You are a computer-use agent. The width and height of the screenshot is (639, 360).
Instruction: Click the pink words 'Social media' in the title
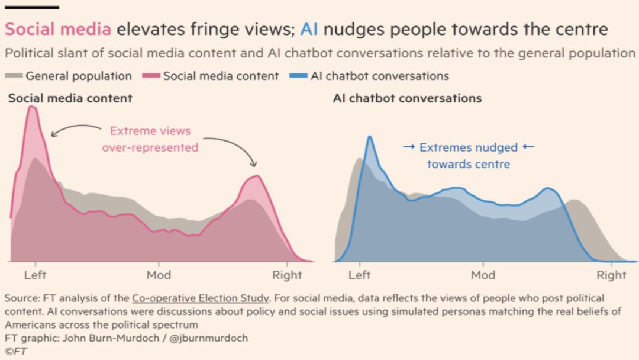(x=58, y=29)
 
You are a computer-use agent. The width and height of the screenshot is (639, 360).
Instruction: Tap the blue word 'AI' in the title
(x=309, y=29)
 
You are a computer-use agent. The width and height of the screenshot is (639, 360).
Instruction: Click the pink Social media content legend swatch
(x=151, y=76)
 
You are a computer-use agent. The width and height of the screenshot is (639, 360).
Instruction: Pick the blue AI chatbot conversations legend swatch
(x=299, y=76)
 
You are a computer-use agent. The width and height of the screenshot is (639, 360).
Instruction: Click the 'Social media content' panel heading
(x=70, y=98)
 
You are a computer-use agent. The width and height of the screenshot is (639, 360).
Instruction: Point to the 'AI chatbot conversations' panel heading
(x=407, y=98)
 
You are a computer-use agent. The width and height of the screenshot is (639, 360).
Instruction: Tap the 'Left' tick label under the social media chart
(x=35, y=275)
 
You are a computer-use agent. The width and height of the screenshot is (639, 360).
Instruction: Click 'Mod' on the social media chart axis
(x=159, y=275)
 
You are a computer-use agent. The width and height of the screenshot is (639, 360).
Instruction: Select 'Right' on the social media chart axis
(x=287, y=275)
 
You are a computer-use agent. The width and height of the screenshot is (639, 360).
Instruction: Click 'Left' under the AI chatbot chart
(x=359, y=275)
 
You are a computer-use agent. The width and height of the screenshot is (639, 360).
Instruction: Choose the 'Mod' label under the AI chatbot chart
(x=483, y=275)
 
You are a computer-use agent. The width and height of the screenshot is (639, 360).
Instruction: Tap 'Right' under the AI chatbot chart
(x=611, y=275)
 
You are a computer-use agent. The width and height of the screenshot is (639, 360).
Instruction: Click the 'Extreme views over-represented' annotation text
(x=150, y=139)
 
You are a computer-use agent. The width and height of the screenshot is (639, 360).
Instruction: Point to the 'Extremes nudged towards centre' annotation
(x=468, y=155)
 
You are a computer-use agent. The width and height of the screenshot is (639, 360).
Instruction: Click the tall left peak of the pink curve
(x=32, y=108)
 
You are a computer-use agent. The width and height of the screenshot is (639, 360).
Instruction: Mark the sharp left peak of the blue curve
(x=370, y=137)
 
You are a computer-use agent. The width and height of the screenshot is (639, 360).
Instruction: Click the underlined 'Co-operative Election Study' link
(x=201, y=298)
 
